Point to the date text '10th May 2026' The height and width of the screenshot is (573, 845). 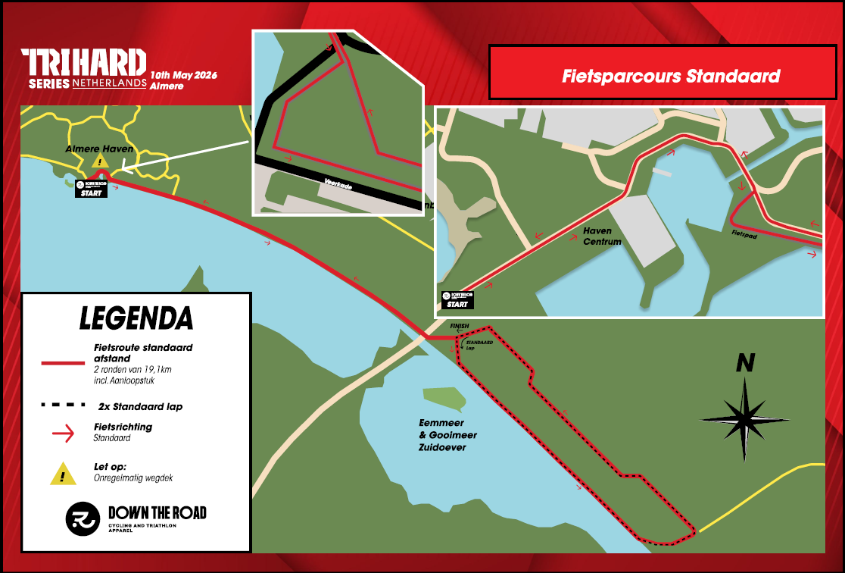point(184,75)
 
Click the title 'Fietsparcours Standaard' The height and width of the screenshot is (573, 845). point(671,77)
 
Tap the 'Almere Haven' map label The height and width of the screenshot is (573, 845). point(99,149)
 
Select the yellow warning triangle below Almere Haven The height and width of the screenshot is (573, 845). point(99,161)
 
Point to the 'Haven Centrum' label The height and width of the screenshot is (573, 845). point(602,236)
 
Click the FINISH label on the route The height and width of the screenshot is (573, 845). point(460,327)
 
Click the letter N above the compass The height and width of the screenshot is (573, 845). point(745,364)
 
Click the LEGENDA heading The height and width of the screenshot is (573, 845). point(136,318)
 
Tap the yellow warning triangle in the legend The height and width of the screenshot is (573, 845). point(62,474)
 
